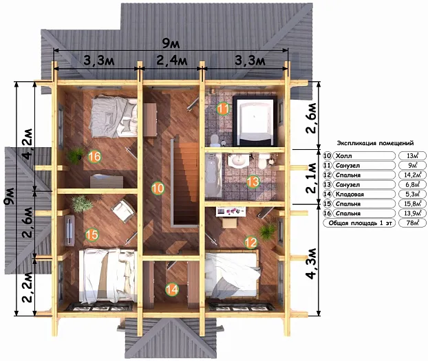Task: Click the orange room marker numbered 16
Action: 94,156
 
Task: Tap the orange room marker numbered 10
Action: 158,188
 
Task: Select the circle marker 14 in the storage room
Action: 172,289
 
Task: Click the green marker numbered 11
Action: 223,109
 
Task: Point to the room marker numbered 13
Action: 253,182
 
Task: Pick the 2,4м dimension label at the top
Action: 172,61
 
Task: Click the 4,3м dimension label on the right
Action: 311,263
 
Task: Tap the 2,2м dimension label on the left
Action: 28,287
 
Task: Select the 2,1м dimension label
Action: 311,178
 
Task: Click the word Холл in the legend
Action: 343,156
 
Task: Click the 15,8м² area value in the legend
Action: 412,204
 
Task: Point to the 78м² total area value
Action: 412,223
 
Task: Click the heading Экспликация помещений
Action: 375,143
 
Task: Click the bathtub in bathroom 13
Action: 213,175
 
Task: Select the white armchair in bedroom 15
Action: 123,210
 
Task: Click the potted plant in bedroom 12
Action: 268,232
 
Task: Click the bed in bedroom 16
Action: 114,116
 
